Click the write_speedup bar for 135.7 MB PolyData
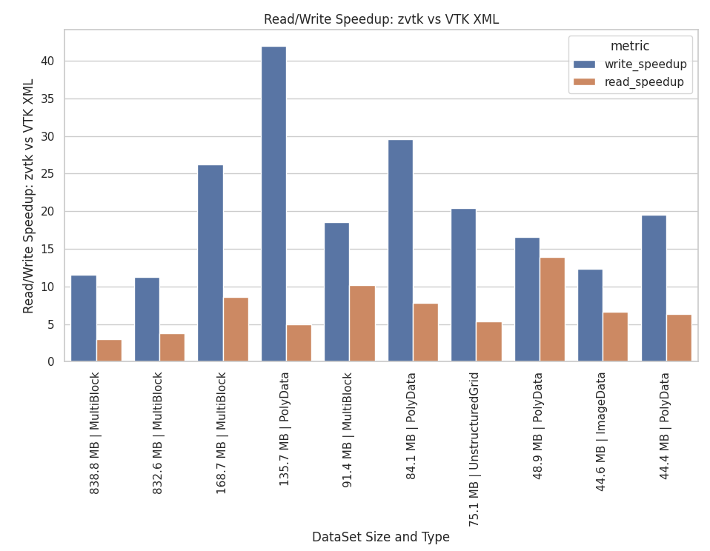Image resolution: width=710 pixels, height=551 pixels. pos(273,204)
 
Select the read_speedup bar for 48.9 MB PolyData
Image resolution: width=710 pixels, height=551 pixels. pos(552,310)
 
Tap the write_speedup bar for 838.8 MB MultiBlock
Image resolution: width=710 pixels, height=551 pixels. pos(84,318)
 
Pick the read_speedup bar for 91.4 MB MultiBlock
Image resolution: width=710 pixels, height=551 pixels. pos(362,324)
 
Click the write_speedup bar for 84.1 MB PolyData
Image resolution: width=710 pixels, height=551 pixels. pos(400,250)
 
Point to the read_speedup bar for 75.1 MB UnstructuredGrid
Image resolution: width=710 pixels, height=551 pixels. pos(488,341)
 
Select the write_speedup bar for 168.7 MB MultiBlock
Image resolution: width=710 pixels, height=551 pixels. pos(210,263)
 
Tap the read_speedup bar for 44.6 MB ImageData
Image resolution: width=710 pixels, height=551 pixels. pos(615,337)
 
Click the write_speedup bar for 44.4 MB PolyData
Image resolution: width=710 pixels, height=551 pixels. pos(654,288)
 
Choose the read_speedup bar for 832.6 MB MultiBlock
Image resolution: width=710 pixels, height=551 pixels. pos(172,347)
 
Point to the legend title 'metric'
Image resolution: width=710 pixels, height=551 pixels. pos(630,46)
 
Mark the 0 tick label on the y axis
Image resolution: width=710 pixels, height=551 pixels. pos(50,362)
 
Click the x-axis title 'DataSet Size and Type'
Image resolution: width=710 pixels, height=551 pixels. pos(380,537)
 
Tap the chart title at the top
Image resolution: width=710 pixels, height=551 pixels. pos(381,19)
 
